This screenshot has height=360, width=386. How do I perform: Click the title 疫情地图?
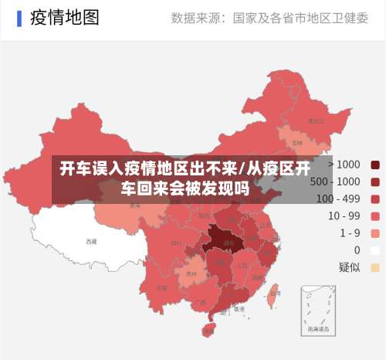pos(65,18)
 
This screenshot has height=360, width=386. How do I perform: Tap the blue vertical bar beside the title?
pos(19,18)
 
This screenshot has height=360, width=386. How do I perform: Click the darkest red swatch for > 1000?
pos(375,165)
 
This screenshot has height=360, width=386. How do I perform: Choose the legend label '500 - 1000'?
pos(335,182)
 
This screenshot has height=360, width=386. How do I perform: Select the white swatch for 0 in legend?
pos(375,250)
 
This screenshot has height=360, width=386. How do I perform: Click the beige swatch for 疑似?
pos(375,267)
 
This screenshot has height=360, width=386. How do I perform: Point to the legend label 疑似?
pos(349,267)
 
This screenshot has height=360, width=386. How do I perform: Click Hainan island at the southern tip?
pos(208,330)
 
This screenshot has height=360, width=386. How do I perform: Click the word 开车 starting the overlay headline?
pos(73,169)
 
